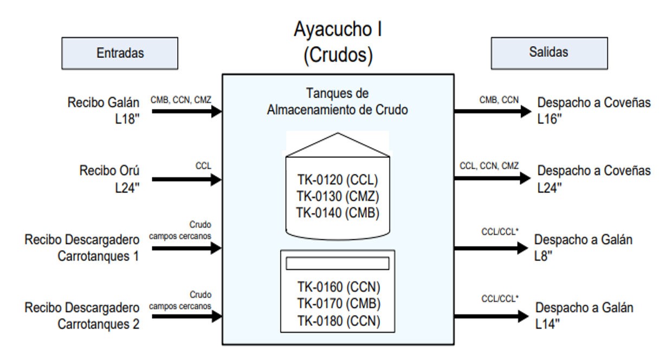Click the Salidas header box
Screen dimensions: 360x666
point(548,52)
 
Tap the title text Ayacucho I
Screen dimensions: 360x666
point(338,29)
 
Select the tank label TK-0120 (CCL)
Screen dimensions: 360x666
point(338,179)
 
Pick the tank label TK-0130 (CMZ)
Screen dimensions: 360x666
point(338,196)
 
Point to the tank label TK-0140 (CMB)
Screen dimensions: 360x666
point(338,213)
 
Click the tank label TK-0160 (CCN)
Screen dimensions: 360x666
point(338,286)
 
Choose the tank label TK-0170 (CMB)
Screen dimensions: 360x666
point(338,303)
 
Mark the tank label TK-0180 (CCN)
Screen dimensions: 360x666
point(338,320)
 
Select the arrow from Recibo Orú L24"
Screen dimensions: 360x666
point(187,179)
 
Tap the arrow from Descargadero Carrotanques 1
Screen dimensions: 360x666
point(187,248)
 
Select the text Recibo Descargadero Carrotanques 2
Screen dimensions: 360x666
point(82,316)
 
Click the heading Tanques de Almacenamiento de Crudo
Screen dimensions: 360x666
point(338,101)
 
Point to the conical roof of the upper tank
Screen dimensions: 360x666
point(338,144)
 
